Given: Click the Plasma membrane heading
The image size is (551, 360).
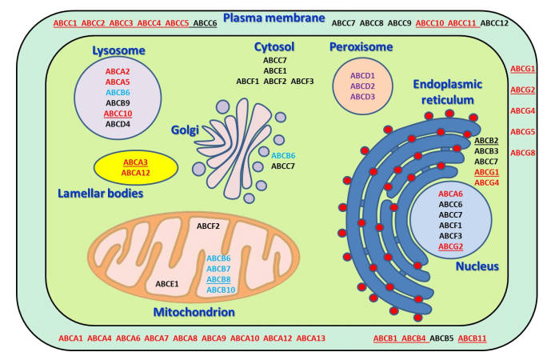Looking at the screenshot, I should point(274,18).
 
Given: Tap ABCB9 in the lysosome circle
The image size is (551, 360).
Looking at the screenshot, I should point(118,103).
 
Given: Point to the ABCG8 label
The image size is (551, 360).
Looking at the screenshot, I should point(523,152).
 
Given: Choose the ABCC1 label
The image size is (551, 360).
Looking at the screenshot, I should point(66,23).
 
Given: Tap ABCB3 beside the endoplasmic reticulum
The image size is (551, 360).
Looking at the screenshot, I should point(486,151).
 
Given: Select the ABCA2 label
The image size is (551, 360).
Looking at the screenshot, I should point(118,72).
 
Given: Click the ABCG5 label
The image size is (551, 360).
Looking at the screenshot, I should point(523,131).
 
